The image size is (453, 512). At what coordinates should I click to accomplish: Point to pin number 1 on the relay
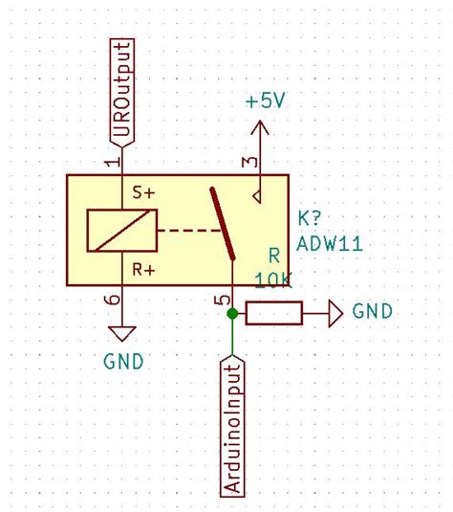point(114,162)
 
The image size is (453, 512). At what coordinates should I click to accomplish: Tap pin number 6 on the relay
point(113,301)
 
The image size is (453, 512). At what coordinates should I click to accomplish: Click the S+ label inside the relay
point(144,193)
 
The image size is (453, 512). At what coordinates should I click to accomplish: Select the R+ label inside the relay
point(144,270)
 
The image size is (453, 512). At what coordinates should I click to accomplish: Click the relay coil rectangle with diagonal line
point(120,231)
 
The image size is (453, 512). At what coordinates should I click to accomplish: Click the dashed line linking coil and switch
point(187,231)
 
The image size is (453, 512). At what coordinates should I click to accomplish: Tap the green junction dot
point(232,313)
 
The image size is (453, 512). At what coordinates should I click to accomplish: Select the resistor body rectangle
point(274,313)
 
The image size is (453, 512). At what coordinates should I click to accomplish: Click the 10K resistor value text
point(273,279)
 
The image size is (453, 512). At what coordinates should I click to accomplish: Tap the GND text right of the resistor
point(372,312)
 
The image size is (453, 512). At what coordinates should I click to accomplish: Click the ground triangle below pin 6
point(121,332)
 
